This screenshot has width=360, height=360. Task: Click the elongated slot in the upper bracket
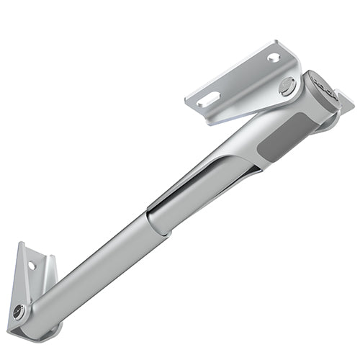[x=208, y=98]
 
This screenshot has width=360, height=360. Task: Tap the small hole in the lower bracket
[x=32, y=265]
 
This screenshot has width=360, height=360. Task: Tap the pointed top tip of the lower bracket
[x=22, y=244]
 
